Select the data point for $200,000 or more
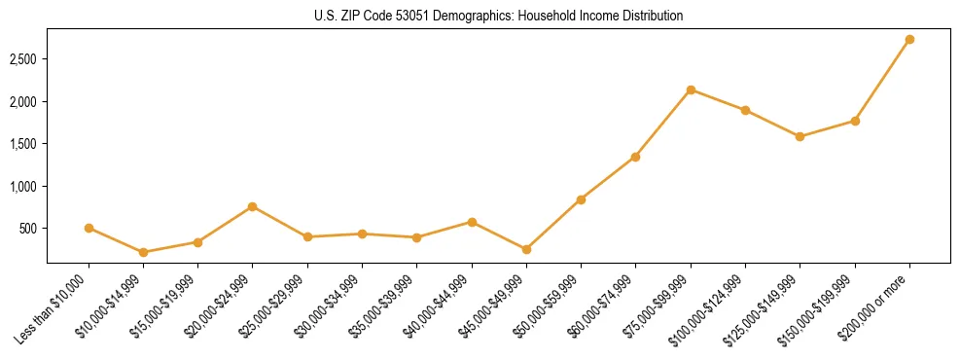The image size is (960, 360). pos(909,40)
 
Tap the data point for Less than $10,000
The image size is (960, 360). pos(89,228)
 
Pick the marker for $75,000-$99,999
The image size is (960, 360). pos(691,90)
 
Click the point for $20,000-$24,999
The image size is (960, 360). pos(253,206)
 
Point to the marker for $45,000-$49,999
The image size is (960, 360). pos(526,249)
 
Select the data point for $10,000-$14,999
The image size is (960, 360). pos(143,252)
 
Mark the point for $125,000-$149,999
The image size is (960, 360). pos(800,136)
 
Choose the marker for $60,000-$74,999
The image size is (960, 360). pos(635,157)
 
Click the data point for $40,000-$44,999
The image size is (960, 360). pos(472,222)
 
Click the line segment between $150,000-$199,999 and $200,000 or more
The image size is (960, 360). pos(882,80)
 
